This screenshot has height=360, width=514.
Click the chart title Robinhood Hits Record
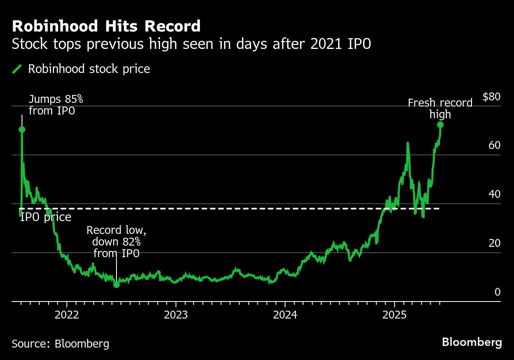[106, 27]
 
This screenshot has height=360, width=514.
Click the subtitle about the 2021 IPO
[191, 44]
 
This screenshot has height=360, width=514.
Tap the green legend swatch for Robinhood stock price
[17, 69]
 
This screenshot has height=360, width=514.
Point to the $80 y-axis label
[491, 97]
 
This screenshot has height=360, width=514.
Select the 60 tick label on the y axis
[494, 146]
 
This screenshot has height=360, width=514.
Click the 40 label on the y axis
[494, 194]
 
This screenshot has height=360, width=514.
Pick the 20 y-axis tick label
[494, 243]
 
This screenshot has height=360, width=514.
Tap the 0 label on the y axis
[497, 292]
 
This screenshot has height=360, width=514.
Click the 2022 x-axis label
[67, 315]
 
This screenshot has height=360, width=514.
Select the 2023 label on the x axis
[176, 315]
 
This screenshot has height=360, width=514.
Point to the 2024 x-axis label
[285, 315]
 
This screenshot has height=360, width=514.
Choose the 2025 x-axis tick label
[394, 315]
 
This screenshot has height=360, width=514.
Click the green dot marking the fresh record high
[440, 125]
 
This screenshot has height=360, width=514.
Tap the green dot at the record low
[116, 285]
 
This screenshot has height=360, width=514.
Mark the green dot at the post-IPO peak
[22, 129]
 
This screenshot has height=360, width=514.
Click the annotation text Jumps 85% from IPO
[56, 105]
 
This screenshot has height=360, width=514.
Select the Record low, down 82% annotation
[116, 242]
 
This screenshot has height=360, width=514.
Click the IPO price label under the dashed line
[46, 217]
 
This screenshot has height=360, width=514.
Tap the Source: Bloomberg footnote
[61, 344]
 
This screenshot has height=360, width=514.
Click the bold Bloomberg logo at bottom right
[472, 343]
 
